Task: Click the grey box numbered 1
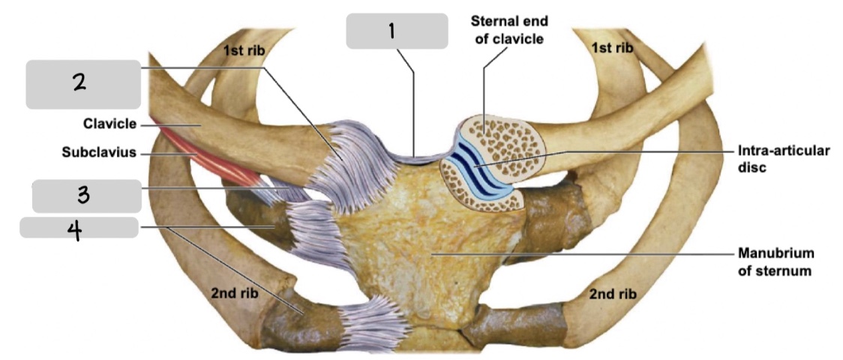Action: point(391,31)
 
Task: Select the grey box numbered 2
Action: point(82,85)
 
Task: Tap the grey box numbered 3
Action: point(86,196)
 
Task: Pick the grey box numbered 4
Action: point(79,226)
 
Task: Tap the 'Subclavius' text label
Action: point(99,153)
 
